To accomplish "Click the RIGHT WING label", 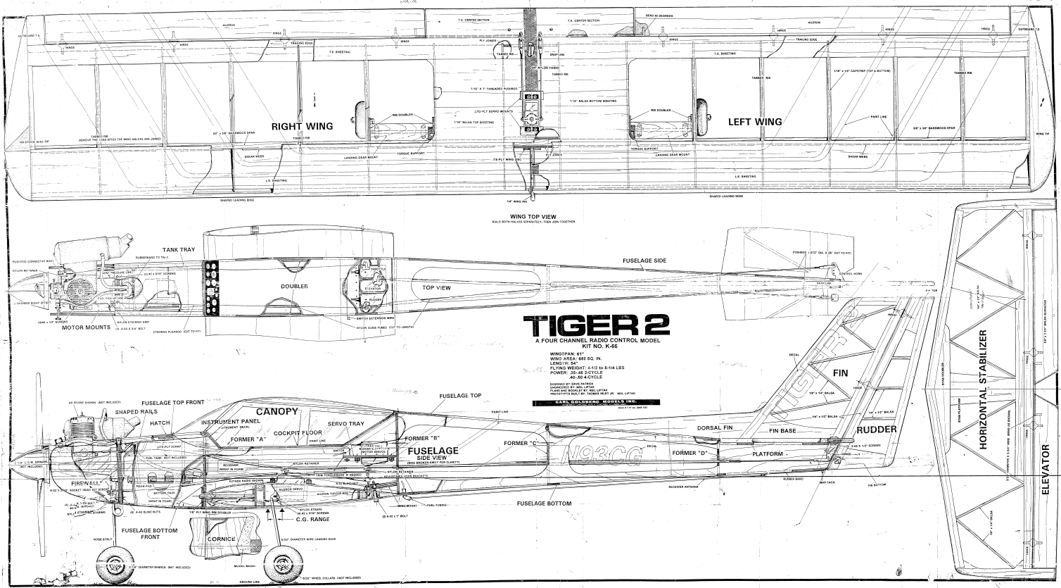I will [302, 126].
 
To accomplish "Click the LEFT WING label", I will [754, 122].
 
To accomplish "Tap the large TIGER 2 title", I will [595, 326].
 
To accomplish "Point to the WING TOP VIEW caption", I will [533, 217].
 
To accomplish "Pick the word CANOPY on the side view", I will [274, 411].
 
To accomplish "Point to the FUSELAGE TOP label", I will [460, 396].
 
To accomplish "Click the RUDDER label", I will [877, 430].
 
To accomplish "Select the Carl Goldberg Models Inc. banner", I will [595, 403].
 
